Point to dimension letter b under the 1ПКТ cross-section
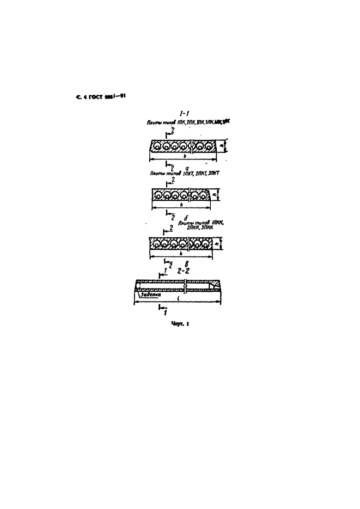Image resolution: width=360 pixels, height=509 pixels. [180, 205]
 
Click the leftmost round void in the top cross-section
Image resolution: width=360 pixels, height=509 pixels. [157, 146]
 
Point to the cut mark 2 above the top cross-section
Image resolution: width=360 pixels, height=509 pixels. [173, 131]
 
